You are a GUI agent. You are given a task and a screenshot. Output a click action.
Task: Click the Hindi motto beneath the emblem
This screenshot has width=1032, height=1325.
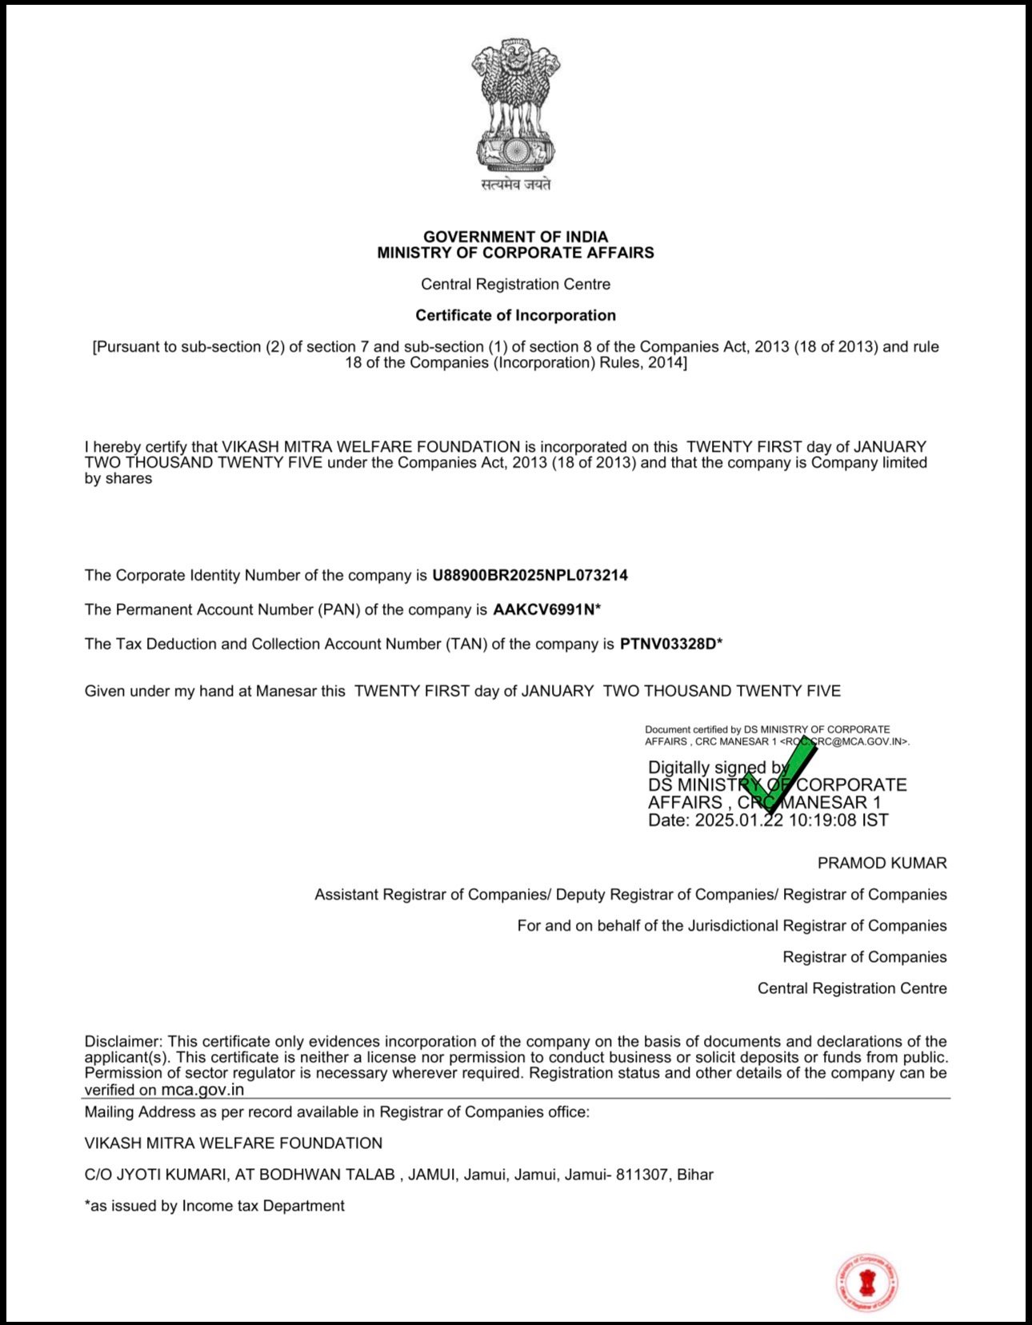click(515, 185)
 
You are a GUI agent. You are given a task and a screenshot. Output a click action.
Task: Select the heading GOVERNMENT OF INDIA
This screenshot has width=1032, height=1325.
click(515, 237)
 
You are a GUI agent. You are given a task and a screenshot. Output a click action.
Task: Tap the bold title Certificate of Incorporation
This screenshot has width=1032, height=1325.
click(515, 315)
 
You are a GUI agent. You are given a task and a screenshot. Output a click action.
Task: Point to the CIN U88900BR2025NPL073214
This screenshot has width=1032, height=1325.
click(530, 575)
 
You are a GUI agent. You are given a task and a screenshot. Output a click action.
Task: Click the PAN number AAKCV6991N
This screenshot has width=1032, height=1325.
click(544, 609)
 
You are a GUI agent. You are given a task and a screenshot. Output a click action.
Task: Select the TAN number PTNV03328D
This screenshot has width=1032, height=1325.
click(668, 644)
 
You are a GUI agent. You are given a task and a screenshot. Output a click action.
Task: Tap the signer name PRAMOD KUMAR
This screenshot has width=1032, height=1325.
click(882, 863)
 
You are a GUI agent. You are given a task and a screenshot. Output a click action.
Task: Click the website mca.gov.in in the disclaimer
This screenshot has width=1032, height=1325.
click(202, 1089)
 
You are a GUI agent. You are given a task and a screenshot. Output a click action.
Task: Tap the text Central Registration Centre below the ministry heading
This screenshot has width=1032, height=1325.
click(515, 284)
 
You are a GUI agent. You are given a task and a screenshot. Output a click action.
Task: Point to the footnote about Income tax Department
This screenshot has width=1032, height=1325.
click(214, 1206)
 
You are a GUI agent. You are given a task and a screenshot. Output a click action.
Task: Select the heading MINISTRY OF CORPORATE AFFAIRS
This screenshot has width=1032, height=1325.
click(515, 253)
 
